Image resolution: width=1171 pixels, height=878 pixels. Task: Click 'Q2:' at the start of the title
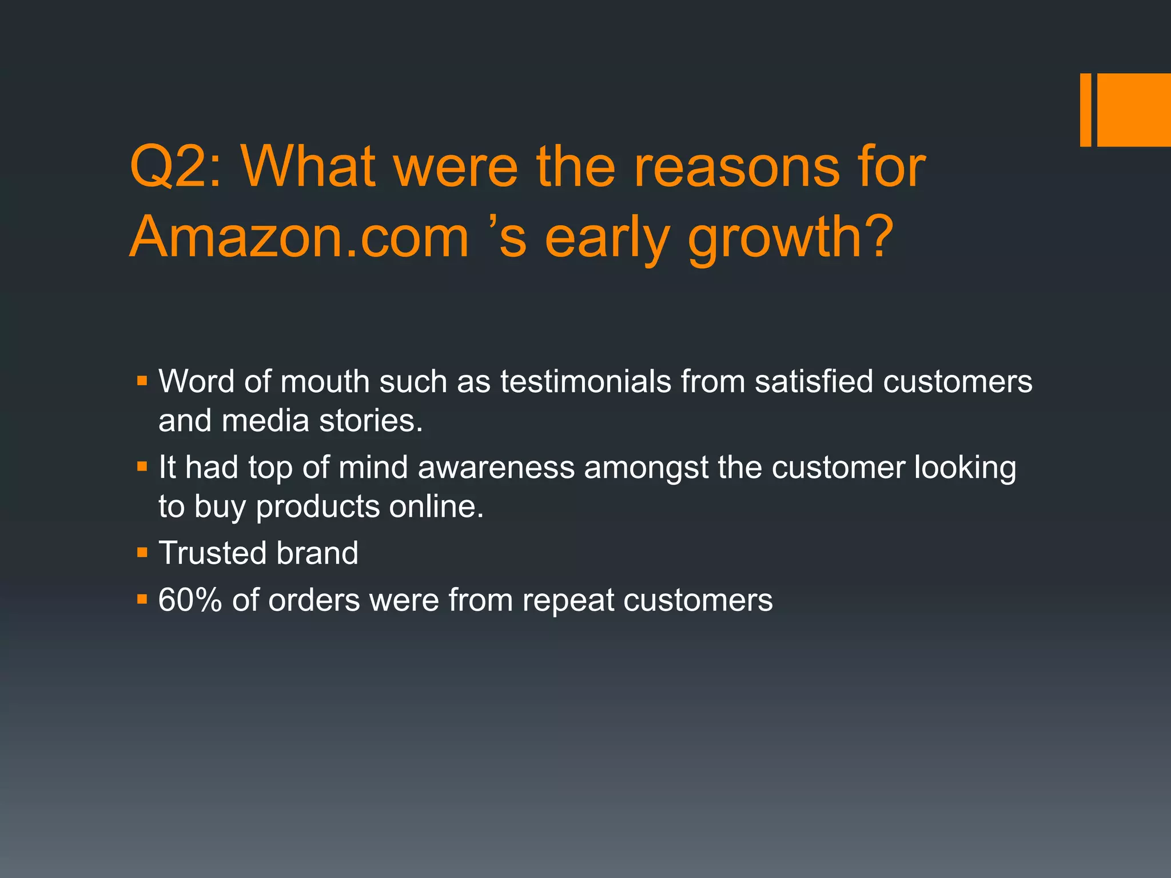click(174, 167)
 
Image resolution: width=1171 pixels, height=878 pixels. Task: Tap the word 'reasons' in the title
click(731, 167)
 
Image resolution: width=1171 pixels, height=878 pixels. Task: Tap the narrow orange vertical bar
click(1085, 110)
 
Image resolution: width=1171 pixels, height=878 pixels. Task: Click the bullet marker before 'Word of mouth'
click(142, 381)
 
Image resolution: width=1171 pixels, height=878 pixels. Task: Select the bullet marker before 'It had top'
click(142, 467)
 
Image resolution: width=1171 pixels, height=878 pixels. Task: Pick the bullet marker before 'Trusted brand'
click(142, 553)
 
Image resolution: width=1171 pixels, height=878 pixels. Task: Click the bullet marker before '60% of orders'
click(142, 600)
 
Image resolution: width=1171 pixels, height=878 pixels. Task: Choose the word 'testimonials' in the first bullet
click(585, 381)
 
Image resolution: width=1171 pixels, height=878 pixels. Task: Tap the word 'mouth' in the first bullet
click(325, 381)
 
